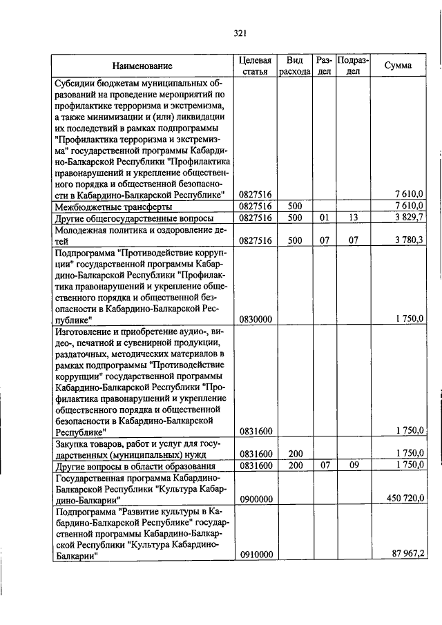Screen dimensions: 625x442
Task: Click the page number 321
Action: pyautogui.click(x=240, y=32)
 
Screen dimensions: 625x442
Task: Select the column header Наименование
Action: pyautogui.click(x=142, y=66)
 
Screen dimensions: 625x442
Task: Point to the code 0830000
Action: pyautogui.click(x=256, y=320)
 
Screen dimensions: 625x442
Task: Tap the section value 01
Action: pyautogui.click(x=324, y=218)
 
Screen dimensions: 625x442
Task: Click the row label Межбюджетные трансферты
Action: pyautogui.click(x=104, y=206)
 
